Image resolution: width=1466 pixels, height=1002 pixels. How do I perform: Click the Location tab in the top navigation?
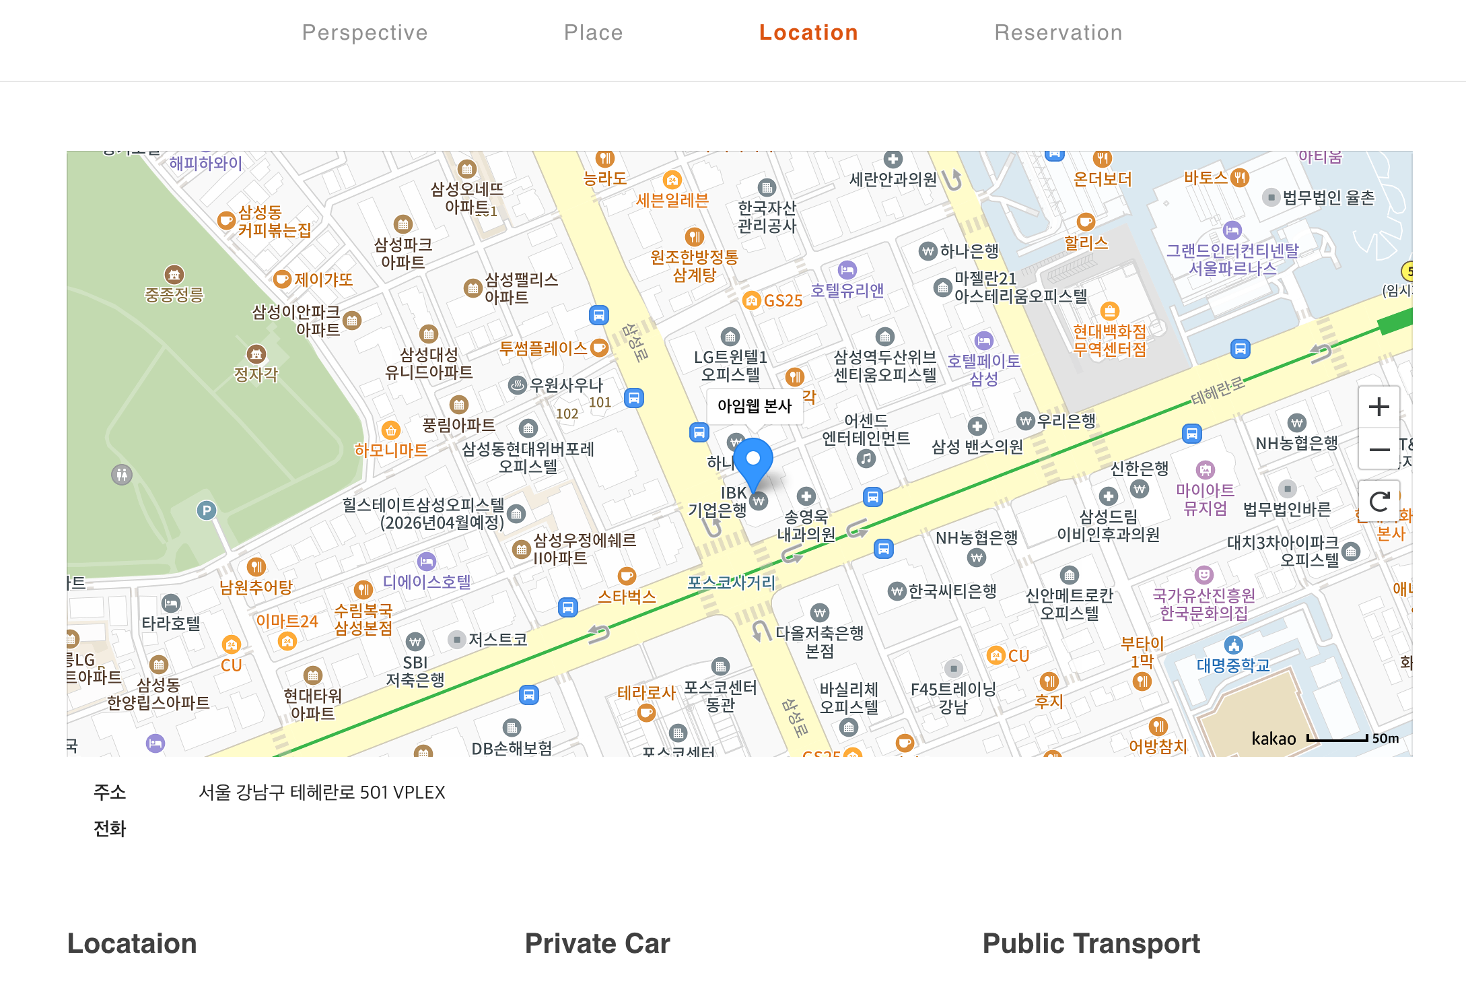pyautogui.click(x=808, y=32)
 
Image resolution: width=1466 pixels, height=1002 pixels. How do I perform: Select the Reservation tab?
pyautogui.click(x=1058, y=32)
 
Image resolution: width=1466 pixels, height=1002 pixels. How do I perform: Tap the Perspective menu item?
pyautogui.click(x=365, y=32)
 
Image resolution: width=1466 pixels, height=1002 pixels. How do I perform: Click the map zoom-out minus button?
pyautogui.click(x=1379, y=449)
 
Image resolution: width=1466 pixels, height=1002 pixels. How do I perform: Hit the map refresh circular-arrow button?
pyautogui.click(x=1379, y=501)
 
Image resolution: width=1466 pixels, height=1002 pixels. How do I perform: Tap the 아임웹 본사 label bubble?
pyautogui.click(x=755, y=405)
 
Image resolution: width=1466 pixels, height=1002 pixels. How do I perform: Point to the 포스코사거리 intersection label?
pyautogui.click(x=731, y=582)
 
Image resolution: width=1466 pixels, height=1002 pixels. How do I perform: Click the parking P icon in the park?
pyautogui.click(x=207, y=510)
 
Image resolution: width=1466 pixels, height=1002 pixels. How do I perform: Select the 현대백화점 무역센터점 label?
pyautogui.click(x=1109, y=340)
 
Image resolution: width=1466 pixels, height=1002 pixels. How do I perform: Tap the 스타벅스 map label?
pyautogui.click(x=627, y=597)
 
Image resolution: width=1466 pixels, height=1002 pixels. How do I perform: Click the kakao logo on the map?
pyautogui.click(x=1273, y=739)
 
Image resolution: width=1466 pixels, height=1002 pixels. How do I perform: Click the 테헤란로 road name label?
pyautogui.click(x=1217, y=391)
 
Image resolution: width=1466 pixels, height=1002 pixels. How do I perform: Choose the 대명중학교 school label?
pyautogui.click(x=1233, y=665)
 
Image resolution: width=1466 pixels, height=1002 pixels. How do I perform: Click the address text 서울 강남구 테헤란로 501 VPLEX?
pyautogui.click(x=322, y=793)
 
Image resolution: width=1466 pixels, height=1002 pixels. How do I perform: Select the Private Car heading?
pyautogui.click(x=597, y=943)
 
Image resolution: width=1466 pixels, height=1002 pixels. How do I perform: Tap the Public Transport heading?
pyautogui.click(x=1091, y=943)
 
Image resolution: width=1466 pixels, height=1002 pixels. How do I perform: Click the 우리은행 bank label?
pyautogui.click(x=1066, y=422)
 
